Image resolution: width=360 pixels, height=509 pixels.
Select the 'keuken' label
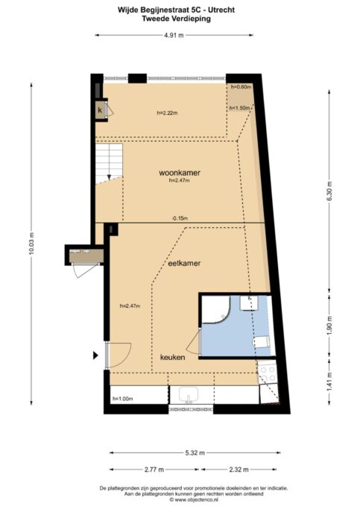pyautogui.click(x=172, y=357)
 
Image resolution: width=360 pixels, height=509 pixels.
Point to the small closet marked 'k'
pyautogui.click(x=100, y=110)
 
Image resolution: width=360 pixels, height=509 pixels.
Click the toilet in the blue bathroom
pyautogui.click(x=261, y=341)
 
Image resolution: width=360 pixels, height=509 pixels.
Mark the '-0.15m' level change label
pyautogui.click(x=179, y=218)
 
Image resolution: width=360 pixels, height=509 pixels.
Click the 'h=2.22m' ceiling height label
pyautogui.click(x=168, y=113)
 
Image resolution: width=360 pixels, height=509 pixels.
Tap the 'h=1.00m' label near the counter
pyautogui.click(x=122, y=399)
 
